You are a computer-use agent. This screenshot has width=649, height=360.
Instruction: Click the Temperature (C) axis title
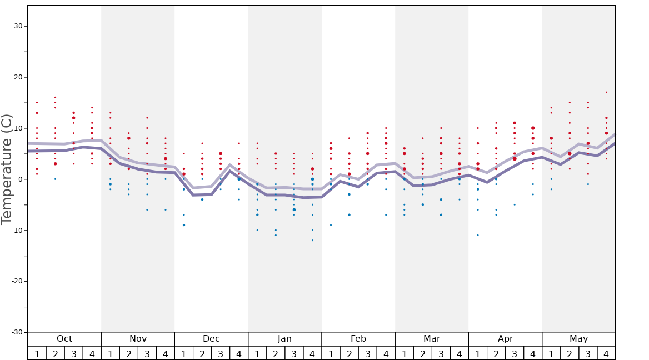click(7, 169)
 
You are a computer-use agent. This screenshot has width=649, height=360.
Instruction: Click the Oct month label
click(64, 339)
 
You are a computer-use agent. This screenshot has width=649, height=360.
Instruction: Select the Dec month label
click(211, 339)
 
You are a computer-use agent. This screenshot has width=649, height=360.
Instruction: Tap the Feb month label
click(358, 339)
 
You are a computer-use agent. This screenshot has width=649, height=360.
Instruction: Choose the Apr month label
click(505, 339)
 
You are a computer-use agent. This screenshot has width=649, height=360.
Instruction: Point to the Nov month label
click(138, 339)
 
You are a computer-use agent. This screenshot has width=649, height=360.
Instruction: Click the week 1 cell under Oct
click(37, 353)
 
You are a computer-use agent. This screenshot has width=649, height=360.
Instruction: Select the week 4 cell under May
click(606, 353)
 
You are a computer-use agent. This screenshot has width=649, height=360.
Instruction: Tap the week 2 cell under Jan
click(276, 353)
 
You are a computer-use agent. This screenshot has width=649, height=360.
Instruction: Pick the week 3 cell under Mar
click(441, 353)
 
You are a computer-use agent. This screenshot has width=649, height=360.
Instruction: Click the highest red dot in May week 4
click(606, 92)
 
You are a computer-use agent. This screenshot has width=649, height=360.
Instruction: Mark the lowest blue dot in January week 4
click(312, 240)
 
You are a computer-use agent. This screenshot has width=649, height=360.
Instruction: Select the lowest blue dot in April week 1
click(477, 235)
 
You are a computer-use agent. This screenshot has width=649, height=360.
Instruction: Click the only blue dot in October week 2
click(55, 179)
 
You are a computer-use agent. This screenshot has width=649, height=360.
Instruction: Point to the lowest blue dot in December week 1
click(184, 225)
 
